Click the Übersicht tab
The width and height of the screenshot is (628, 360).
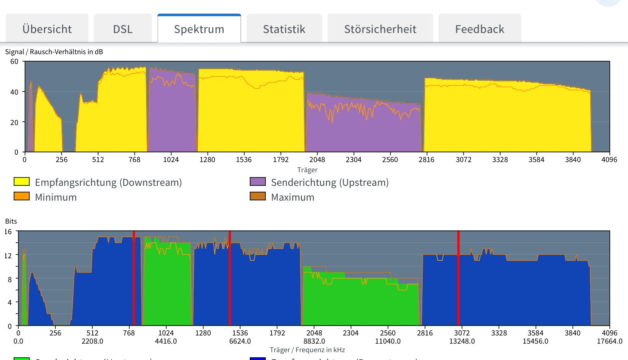click(47, 29)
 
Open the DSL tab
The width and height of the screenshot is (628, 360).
click(123, 29)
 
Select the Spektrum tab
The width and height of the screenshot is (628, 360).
click(199, 29)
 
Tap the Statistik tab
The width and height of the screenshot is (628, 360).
click(284, 29)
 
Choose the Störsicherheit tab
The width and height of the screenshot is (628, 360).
click(380, 29)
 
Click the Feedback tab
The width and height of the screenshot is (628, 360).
click(480, 29)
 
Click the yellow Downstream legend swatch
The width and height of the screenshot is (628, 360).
click(22, 182)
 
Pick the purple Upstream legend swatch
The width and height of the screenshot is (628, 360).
click(258, 182)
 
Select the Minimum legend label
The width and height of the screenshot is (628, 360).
click(56, 197)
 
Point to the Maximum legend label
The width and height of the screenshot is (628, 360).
click(293, 197)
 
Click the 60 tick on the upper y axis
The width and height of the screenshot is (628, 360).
click(14, 62)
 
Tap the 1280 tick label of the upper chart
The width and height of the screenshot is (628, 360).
click(207, 159)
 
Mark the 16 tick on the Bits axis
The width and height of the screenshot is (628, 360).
click(8, 232)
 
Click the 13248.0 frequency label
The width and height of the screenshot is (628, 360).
click(462, 341)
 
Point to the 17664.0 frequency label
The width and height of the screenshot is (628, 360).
click(609, 341)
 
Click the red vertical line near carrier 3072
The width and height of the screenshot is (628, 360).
click(458, 278)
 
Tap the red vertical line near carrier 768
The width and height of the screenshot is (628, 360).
click(134, 278)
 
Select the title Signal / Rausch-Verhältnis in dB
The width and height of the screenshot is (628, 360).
click(54, 52)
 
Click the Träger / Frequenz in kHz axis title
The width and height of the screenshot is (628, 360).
click(307, 350)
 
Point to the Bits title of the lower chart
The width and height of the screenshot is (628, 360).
click(11, 221)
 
